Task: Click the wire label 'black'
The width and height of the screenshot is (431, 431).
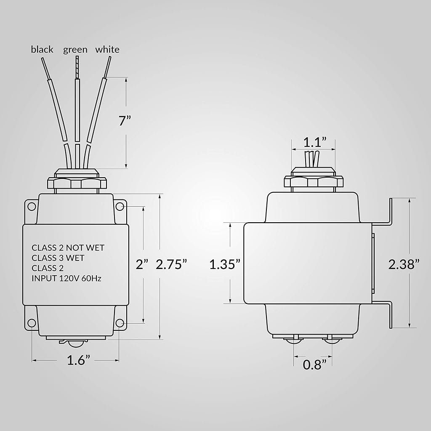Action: (42, 50)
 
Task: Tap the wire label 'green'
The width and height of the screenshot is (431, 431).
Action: (75, 50)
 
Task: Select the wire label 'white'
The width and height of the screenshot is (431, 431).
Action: (107, 50)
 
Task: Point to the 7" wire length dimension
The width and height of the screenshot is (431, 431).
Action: (125, 121)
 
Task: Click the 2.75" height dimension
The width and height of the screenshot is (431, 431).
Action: (171, 264)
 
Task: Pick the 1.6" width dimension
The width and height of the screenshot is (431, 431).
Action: (79, 360)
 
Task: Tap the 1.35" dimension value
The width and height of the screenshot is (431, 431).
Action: (225, 264)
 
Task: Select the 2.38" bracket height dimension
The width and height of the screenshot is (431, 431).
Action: (404, 264)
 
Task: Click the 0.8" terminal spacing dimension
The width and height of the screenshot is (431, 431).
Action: (314, 365)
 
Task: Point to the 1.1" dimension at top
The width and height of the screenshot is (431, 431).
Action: (315, 142)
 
